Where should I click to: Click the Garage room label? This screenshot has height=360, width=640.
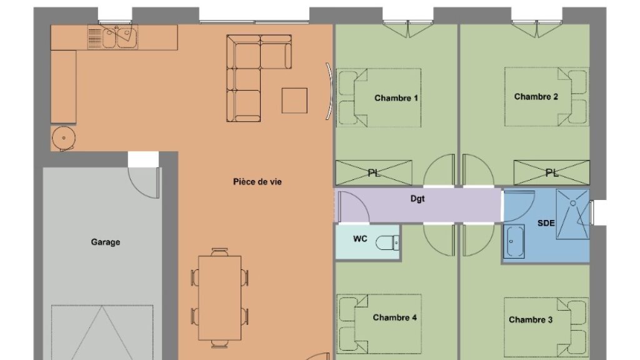105,242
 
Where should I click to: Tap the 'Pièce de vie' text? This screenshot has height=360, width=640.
257,182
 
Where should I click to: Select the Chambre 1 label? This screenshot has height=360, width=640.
396,98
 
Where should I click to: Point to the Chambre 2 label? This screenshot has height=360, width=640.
536,97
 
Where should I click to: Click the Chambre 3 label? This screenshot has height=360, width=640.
531,319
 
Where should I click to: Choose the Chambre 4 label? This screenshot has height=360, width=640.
395,317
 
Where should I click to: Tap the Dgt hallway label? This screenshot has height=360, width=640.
417,199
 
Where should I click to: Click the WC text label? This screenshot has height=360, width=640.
360,239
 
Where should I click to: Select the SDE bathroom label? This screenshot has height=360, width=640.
546,223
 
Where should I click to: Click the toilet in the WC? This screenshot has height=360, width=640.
387,243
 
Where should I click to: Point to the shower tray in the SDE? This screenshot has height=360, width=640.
572,214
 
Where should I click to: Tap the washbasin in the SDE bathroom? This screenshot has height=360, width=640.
514,241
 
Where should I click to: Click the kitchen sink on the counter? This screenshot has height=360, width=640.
119,37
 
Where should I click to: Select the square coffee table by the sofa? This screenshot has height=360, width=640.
294,101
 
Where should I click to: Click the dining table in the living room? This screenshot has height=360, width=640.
219,298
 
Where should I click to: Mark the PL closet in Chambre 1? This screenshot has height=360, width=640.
374,173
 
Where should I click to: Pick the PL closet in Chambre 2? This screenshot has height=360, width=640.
551,173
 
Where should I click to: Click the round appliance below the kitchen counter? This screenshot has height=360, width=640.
63,138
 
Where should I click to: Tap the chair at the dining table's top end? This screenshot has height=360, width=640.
219,252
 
